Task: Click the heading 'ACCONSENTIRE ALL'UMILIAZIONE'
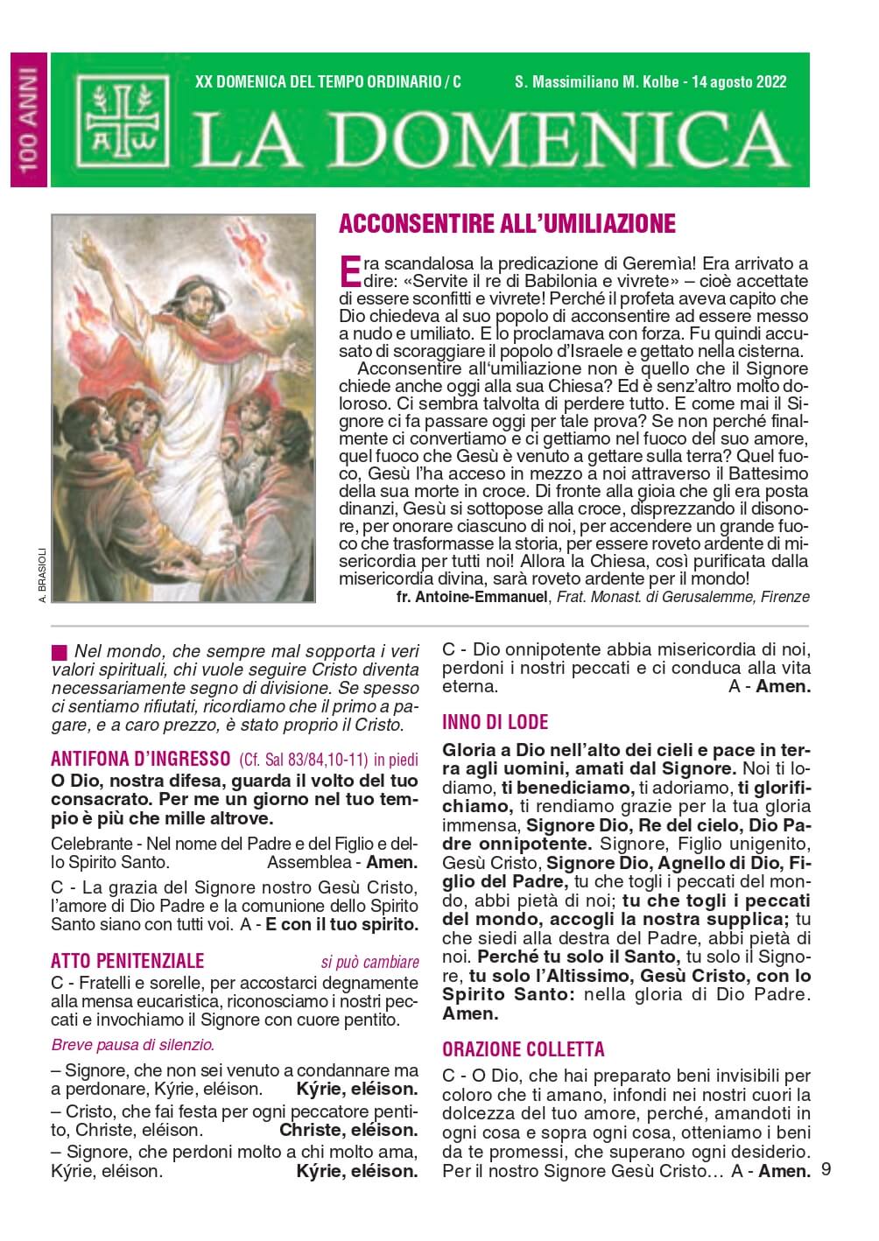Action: [507, 224]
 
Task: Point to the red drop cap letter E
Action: [348, 270]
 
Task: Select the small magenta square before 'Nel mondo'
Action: [59, 652]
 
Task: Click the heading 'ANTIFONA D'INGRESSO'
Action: [141, 758]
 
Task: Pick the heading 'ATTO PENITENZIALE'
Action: [128, 962]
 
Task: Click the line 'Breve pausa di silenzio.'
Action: [133, 1044]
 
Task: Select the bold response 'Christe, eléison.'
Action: [348, 1130]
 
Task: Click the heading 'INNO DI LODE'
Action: [496, 722]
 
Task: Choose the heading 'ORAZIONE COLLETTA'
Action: [524, 1049]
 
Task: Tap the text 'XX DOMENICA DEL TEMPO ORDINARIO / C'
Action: [328, 82]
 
